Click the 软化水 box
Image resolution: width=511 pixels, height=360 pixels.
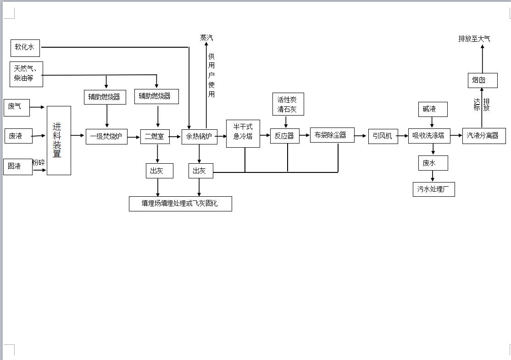pyautogui.click(x=25, y=48)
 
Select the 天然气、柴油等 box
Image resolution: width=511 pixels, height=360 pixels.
pyautogui.click(x=27, y=74)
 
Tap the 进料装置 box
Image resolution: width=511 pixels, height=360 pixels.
pyautogui.click(x=59, y=140)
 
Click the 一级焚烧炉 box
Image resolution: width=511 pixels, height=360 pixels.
pyautogui.click(x=106, y=137)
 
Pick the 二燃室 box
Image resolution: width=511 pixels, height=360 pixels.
pyautogui.click(x=155, y=137)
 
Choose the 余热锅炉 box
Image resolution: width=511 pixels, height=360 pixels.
pyautogui.click(x=200, y=137)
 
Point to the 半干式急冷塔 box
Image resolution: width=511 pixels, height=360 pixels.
pyautogui.click(x=243, y=133)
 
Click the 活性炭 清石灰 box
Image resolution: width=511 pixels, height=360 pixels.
pyautogui.click(x=288, y=104)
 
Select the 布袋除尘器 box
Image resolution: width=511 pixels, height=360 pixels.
pyautogui.click(x=332, y=135)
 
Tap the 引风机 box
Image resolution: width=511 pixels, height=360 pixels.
pyautogui.click(x=383, y=136)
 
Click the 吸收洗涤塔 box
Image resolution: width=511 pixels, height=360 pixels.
pyautogui.click(x=429, y=136)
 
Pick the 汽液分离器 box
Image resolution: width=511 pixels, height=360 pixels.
pyautogui.click(x=484, y=136)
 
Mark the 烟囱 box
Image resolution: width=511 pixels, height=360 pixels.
pyautogui.click(x=483, y=80)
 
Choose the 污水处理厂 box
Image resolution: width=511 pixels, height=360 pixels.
pyautogui.click(x=434, y=189)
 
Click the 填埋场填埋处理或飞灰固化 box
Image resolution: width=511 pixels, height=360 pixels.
pyautogui.click(x=181, y=204)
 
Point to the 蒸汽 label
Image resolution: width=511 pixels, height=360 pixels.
pyautogui.click(x=206, y=38)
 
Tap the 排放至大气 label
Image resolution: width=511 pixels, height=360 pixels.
pyautogui.click(x=474, y=39)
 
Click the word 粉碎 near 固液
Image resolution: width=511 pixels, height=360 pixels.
pyautogui.click(x=39, y=162)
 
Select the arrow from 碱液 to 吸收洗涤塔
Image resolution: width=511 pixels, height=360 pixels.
pyautogui.click(x=432, y=122)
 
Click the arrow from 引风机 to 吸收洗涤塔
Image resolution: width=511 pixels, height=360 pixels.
pyautogui.click(x=403, y=136)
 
